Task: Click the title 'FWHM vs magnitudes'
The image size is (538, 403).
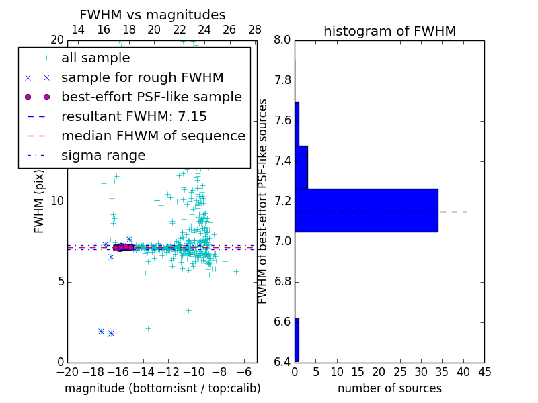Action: [153, 15]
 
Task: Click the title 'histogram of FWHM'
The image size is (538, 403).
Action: [389, 31]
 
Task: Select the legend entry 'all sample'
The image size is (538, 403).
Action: [95, 58]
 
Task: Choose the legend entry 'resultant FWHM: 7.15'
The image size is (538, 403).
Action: [134, 116]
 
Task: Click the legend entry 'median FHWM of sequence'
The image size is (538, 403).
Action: [153, 136]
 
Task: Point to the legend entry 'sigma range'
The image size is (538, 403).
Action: [103, 155]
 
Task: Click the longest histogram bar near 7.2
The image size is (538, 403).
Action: [367, 210]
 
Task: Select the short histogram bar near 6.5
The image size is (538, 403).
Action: [297, 340]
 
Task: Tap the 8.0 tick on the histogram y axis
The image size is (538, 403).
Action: [282, 40]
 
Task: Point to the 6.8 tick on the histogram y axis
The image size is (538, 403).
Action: [282, 281]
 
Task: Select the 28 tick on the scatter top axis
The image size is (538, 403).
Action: [255, 30]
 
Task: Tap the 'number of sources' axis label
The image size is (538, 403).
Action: [389, 388]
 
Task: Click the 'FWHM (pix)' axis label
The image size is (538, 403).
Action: [40, 201]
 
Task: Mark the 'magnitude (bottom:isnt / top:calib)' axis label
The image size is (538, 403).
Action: [162, 388]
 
